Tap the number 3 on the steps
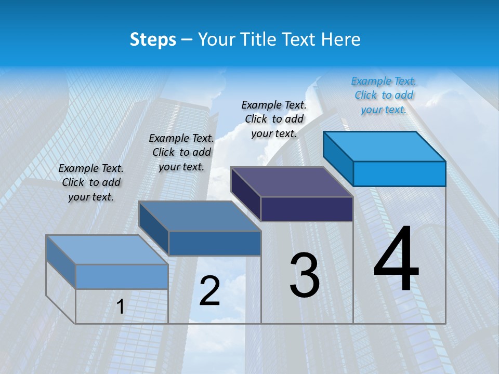(x=304, y=275)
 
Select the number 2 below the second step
(x=210, y=291)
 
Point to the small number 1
(x=120, y=307)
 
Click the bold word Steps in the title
(x=153, y=39)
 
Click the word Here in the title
(x=340, y=39)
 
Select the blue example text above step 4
(x=384, y=95)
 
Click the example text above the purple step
(x=274, y=119)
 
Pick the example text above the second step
(x=181, y=152)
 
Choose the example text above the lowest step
(x=91, y=182)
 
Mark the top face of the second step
(x=200, y=216)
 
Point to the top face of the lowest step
(x=107, y=250)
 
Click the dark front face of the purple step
(x=307, y=209)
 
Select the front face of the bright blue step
(x=399, y=173)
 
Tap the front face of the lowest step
(x=122, y=276)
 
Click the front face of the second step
(x=215, y=243)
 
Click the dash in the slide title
(x=187, y=39)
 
